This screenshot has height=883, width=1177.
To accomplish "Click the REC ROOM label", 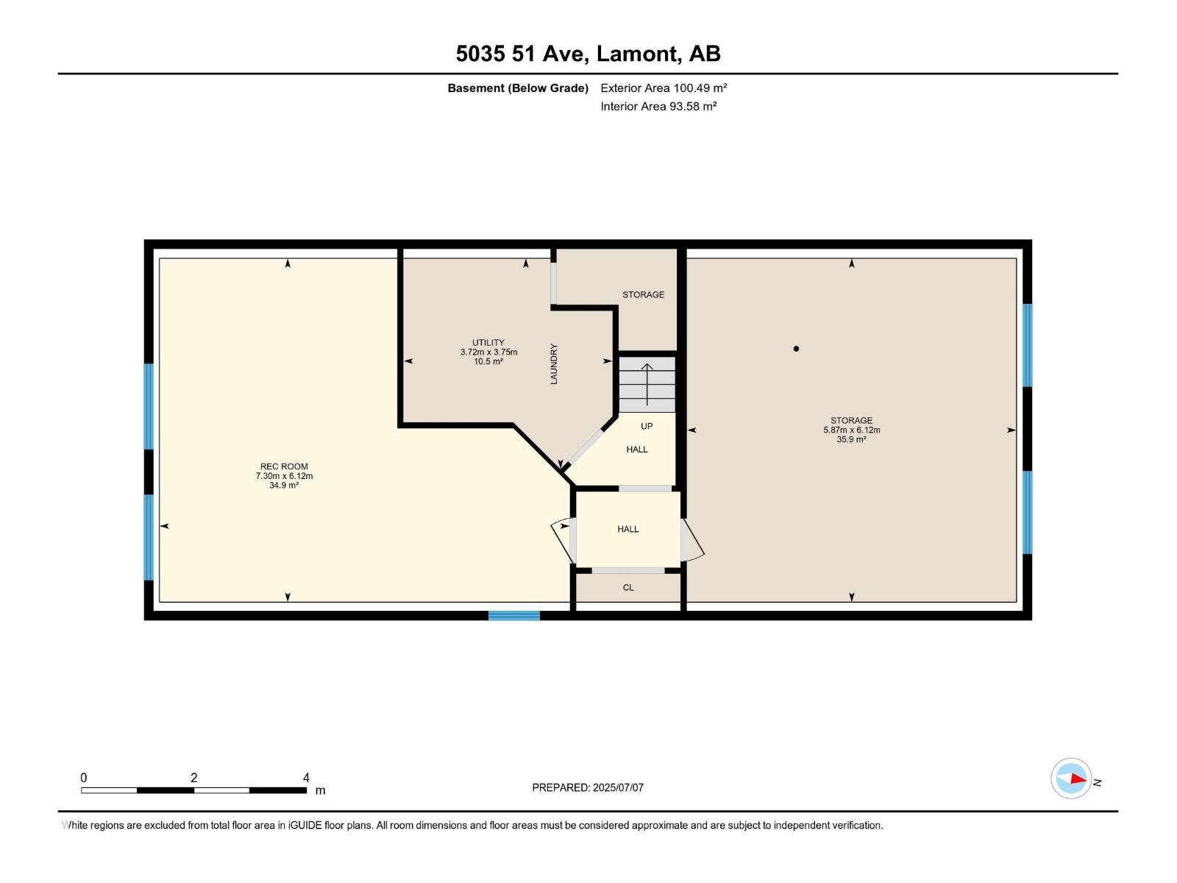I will click(x=284, y=467).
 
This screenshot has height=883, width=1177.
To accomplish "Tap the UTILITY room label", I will click(x=488, y=342).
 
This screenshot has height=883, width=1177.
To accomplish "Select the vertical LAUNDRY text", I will click(x=554, y=364).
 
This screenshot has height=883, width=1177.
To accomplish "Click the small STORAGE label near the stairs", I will click(x=643, y=294).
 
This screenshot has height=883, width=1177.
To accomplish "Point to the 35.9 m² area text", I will click(x=851, y=439).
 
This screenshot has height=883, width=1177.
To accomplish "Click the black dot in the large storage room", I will click(x=796, y=349).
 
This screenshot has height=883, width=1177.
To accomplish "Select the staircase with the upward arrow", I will click(x=647, y=385).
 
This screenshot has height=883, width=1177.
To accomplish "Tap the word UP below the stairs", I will click(x=647, y=426).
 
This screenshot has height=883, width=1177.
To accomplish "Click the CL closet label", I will click(x=628, y=587).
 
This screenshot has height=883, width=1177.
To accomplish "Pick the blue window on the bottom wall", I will click(x=514, y=615).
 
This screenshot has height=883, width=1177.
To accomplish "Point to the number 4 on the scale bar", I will click(x=306, y=778).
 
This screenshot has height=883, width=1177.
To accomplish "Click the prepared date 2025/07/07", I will click(x=618, y=787).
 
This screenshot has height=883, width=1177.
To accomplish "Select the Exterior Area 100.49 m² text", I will click(x=664, y=88).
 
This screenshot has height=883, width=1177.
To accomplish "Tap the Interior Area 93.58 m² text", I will click(x=658, y=106).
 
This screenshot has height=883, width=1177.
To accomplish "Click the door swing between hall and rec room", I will click(x=563, y=540).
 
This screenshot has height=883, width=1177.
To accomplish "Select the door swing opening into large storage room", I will click(x=692, y=540).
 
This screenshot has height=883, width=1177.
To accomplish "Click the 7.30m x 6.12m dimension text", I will click(x=284, y=476).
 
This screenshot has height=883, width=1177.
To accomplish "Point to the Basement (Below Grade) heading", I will click(x=518, y=88).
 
